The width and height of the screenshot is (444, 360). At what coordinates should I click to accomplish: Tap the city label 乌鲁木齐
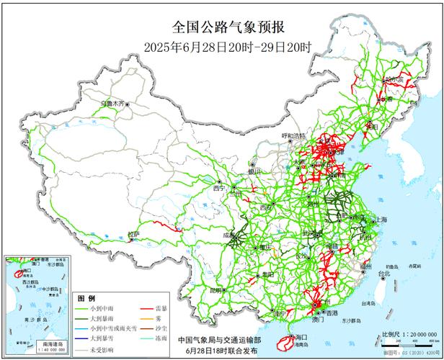pos(112,104)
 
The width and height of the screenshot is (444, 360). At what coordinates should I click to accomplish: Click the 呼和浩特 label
pos(293,135)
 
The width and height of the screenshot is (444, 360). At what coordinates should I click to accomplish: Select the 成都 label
pos(228,235)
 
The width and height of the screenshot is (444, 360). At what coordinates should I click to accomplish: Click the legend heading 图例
pos(86,297)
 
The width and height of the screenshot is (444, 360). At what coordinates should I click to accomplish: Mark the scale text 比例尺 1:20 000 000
pos(410,335)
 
